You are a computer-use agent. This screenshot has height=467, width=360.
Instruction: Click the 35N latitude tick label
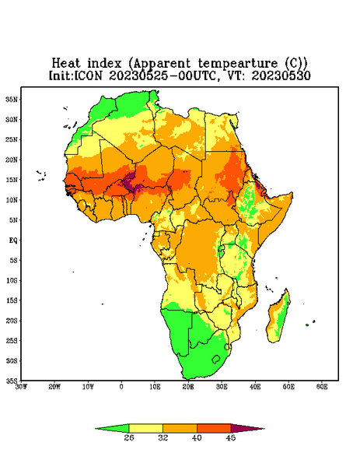pyautogui.click(x=12, y=99)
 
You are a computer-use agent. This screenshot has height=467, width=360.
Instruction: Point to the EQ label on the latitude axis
pyautogui.click(x=13, y=240)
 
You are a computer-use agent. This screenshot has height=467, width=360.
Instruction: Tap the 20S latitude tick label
pyautogui.click(x=12, y=321)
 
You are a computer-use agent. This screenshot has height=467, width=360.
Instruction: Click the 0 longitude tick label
pyautogui.click(x=121, y=387)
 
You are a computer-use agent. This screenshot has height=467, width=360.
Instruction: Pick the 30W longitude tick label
pyautogui.click(x=21, y=387)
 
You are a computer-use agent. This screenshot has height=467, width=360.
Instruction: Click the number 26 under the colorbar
pyautogui.click(x=129, y=437)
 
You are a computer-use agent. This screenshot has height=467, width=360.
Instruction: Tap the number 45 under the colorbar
pyautogui.click(x=231, y=437)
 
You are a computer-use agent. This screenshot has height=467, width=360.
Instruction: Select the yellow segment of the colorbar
pyautogui.click(x=145, y=428)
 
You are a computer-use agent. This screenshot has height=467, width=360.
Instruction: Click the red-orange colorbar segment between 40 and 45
pyautogui.click(x=214, y=428)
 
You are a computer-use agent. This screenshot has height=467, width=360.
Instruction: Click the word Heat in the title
pyautogui.click(x=66, y=63)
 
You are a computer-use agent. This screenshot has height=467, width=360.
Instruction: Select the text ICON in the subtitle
pyautogui.click(x=88, y=75)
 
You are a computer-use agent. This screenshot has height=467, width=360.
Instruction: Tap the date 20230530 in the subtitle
pyautogui.click(x=281, y=75)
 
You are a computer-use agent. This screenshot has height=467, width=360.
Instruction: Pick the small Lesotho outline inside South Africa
pyautogui.click(x=216, y=359)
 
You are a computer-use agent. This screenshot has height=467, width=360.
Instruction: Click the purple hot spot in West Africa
pyautogui.click(x=129, y=182)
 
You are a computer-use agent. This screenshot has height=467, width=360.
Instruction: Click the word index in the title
pyautogui.click(x=104, y=63)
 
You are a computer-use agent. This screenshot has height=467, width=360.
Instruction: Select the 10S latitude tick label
pyautogui.click(x=12, y=280)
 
